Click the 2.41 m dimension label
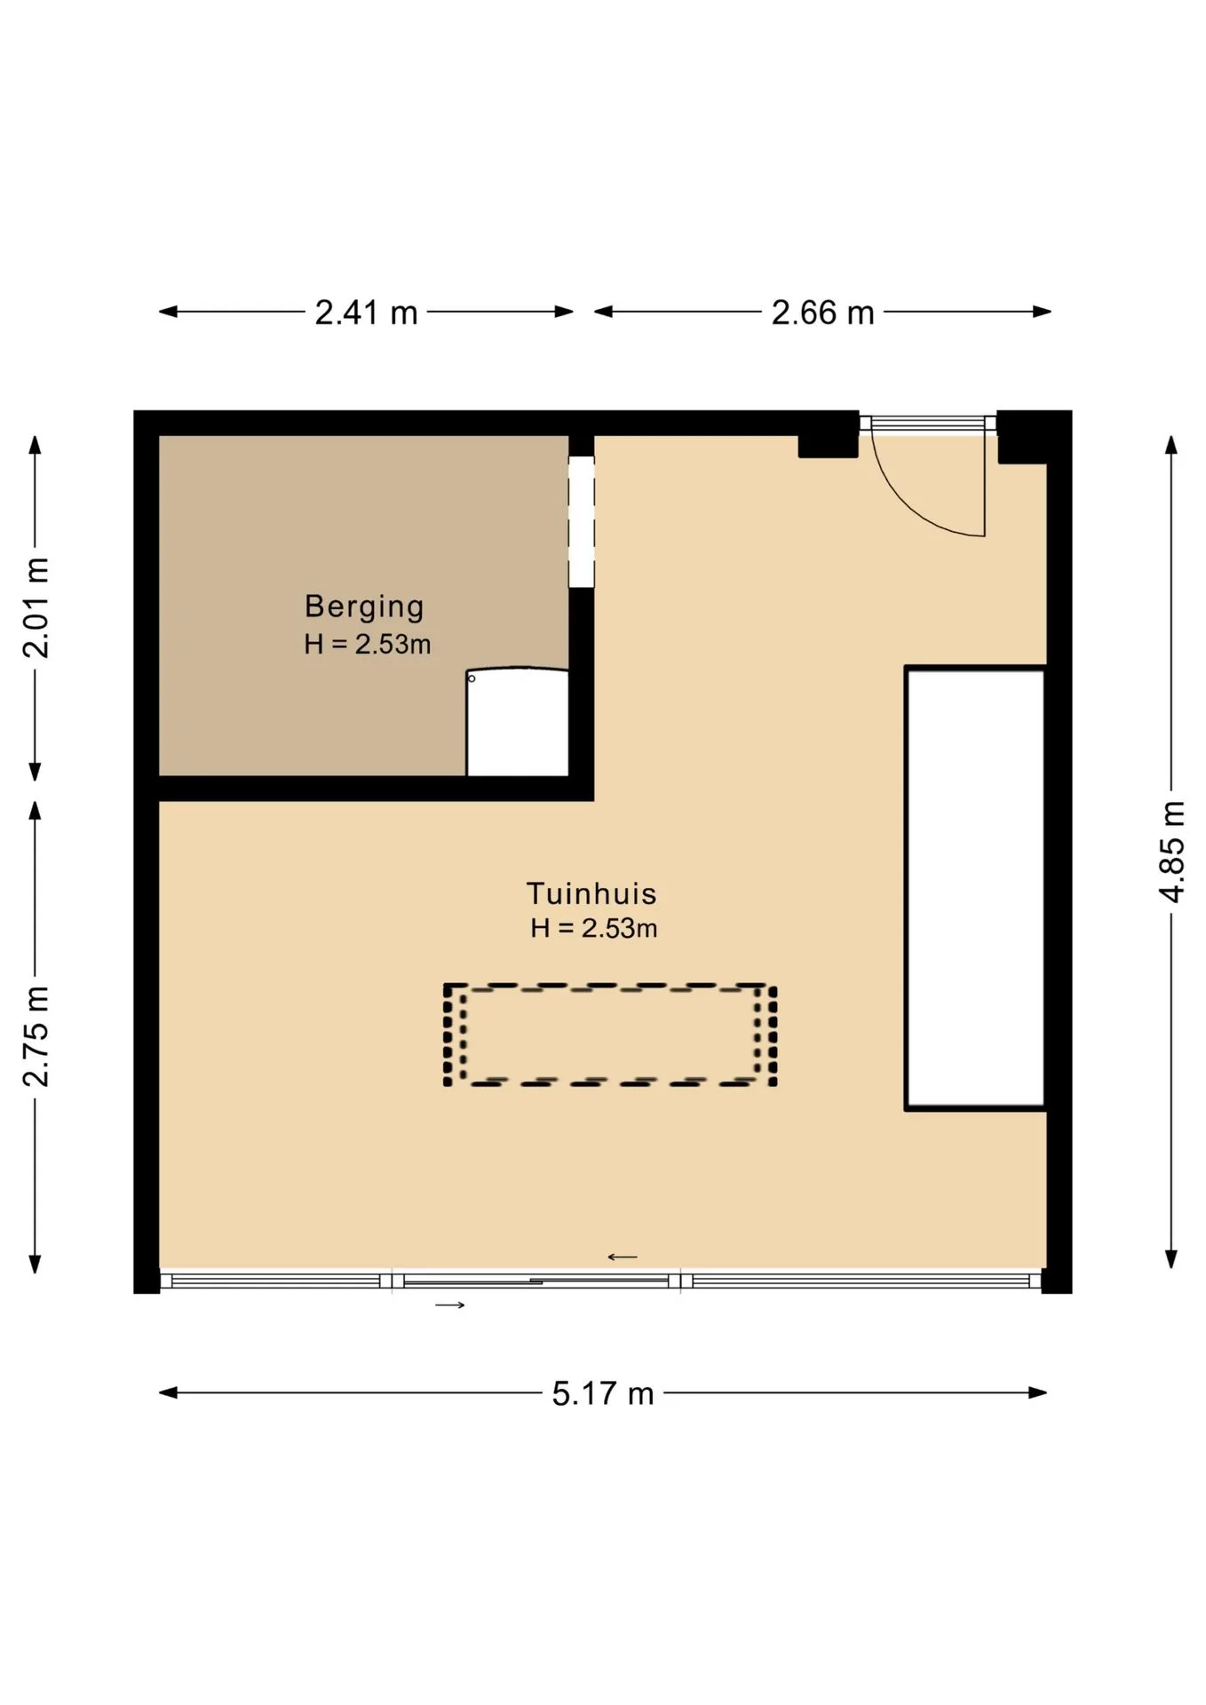366,313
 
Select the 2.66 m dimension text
822,313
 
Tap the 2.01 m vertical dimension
36,608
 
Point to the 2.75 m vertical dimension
36,1036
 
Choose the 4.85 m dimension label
1173,852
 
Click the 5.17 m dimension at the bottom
603,1393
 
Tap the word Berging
364,607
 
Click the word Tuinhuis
591,893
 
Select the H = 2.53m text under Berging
368,644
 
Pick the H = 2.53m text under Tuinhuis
594,928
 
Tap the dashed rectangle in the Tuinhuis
611,986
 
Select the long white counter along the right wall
975,888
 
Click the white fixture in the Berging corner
517,723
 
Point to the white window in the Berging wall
581,521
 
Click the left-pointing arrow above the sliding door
623,1257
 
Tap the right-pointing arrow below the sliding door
450,1305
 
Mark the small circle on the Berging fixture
472,678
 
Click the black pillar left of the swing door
828,446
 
